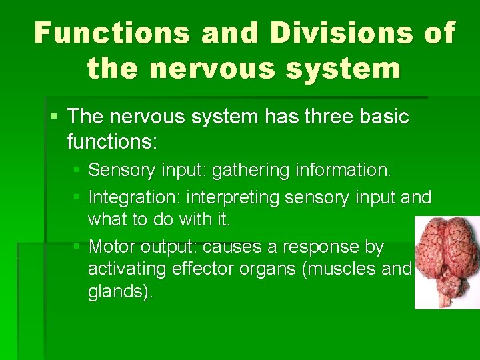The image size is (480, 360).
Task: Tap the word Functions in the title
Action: (x=110, y=32)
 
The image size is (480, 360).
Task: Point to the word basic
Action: (x=383, y=117)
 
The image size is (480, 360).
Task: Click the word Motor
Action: (x=112, y=247)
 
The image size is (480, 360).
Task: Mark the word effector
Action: (x=204, y=269)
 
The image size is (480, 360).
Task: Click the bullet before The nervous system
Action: (x=54, y=116)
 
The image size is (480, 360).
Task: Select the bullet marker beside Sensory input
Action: (x=77, y=170)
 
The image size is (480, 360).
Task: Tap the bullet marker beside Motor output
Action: (x=77, y=247)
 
